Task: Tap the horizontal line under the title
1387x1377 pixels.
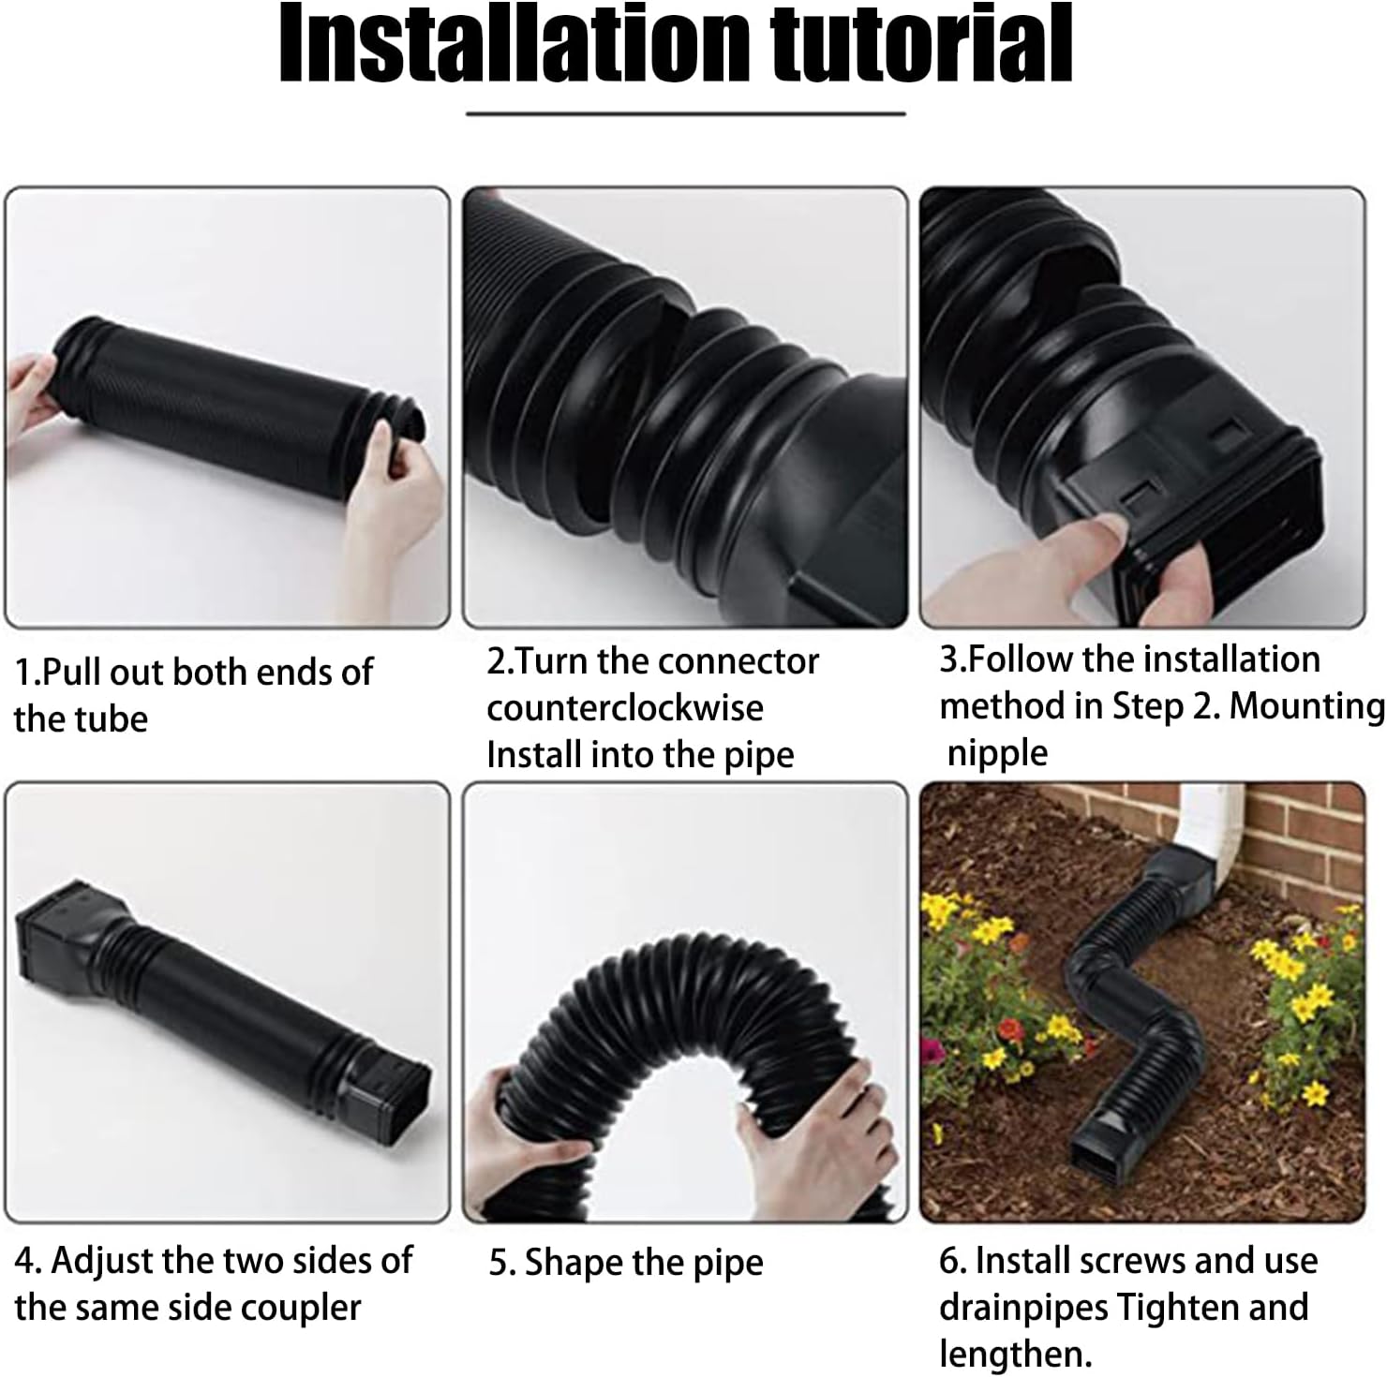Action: pyautogui.click(x=685, y=114)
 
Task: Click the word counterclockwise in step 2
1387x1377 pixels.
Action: pyautogui.click(x=624, y=708)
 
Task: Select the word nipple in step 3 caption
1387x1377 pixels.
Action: pyautogui.click(x=997, y=753)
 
